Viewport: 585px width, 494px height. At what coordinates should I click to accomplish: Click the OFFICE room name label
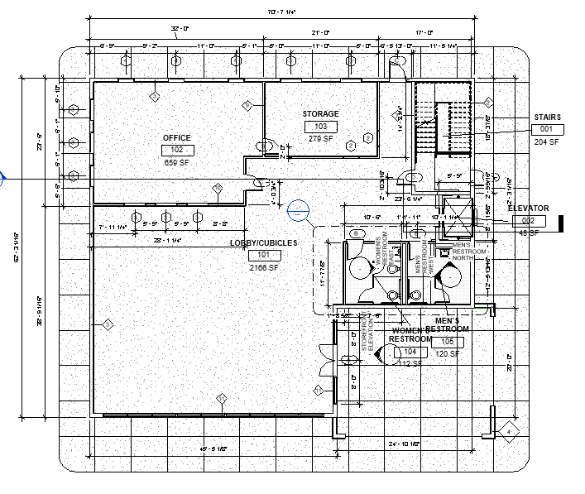tap(177, 137)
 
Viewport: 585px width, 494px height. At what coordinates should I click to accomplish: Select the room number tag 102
tap(177, 150)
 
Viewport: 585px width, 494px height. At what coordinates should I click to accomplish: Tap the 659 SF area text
tap(177, 162)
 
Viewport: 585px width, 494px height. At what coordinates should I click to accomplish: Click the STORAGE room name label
tap(319, 113)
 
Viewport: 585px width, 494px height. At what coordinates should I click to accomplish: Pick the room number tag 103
tap(320, 127)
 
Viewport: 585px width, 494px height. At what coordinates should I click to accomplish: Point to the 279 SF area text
tap(320, 138)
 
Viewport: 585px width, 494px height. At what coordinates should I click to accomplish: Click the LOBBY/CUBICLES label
tap(263, 242)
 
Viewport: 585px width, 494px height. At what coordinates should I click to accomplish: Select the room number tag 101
tap(263, 256)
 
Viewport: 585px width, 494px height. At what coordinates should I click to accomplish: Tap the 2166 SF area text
tap(263, 268)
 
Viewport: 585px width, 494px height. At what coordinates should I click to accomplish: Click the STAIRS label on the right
tap(548, 118)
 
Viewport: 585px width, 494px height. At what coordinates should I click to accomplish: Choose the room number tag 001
tap(546, 130)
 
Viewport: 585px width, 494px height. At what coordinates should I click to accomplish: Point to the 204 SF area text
tap(547, 142)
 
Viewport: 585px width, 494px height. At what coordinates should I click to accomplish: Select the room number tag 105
tap(447, 342)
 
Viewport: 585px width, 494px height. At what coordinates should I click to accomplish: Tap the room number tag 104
tap(410, 352)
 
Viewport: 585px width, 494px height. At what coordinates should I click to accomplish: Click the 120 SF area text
tap(447, 354)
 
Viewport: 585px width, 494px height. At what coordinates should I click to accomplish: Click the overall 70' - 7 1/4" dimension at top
tap(281, 12)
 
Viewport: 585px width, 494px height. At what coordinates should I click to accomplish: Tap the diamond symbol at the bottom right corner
tap(506, 429)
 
